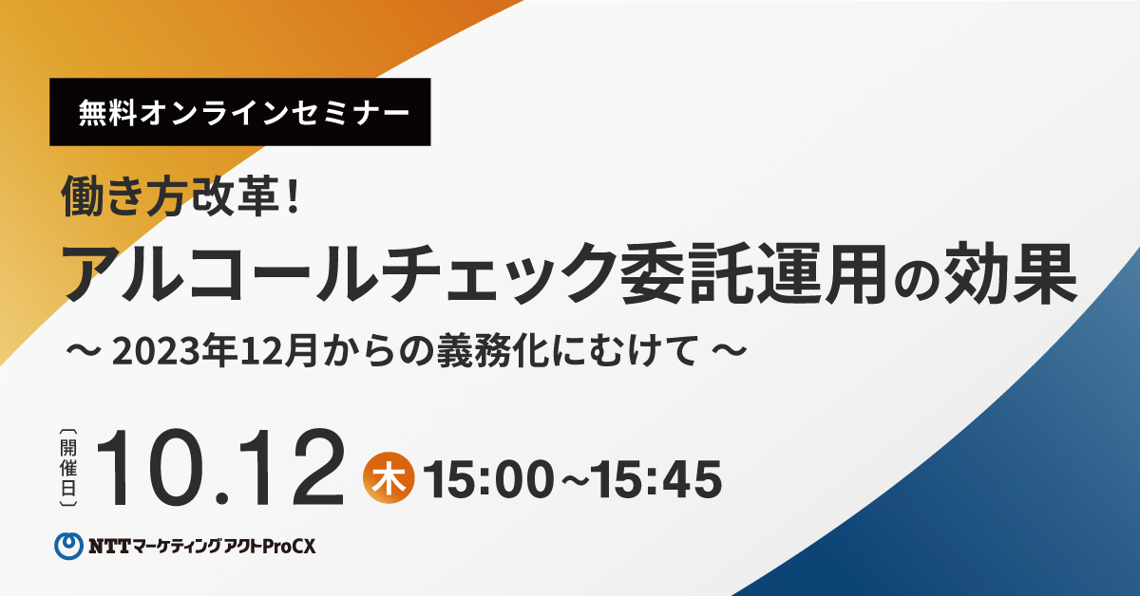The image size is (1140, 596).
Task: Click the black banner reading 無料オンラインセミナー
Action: [x=240, y=112]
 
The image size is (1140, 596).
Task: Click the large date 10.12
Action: [x=220, y=469]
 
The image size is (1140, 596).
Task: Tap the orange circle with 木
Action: [x=389, y=477]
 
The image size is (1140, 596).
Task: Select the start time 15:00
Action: [x=488, y=479]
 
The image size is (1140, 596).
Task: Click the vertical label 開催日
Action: [x=68, y=468]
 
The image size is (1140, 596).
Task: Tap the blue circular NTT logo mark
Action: [x=68, y=546]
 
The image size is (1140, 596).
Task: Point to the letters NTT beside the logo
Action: [x=110, y=547]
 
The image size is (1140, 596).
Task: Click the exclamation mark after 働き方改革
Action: [x=293, y=196]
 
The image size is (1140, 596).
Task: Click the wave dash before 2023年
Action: [x=83, y=351]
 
